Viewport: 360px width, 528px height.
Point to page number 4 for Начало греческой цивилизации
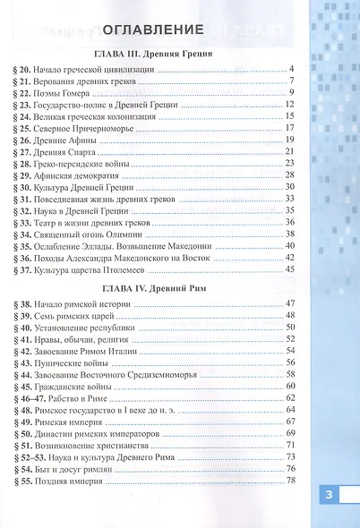pos(293,68)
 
